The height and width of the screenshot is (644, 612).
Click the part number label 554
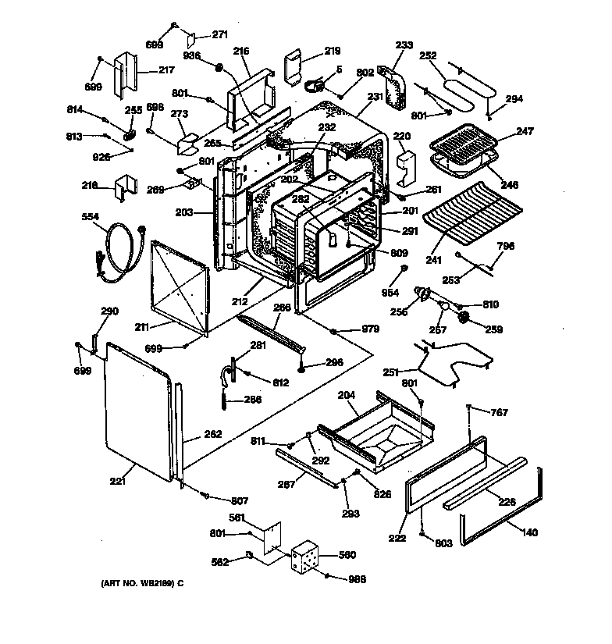coord(91,217)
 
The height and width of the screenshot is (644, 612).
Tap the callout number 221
coord(117,481)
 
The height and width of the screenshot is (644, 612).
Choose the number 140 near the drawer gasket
coord(529,532)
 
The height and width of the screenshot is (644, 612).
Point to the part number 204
coord(347,396)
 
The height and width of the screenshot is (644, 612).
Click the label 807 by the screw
coord(238,500)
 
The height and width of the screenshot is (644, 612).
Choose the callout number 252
coord(427,56)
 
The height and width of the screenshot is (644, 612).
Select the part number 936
coord(192,55)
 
